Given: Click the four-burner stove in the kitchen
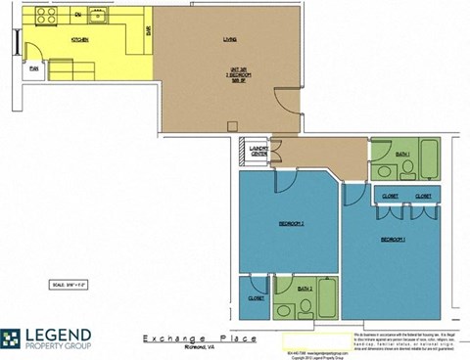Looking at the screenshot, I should [45, 16].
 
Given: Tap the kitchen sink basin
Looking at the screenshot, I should [97, 16].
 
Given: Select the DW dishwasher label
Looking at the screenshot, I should [78, 18].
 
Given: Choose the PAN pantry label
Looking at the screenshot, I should [33, 68].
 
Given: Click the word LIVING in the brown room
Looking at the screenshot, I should [231, 40].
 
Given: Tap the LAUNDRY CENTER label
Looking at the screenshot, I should [258, 153].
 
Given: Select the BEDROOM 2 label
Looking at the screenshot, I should [291, 224].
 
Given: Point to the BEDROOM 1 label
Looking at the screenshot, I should [394, 239].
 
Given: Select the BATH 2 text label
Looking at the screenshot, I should [305, 289].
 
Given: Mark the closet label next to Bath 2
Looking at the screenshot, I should [256, 298].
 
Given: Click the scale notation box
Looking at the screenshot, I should [69, 286].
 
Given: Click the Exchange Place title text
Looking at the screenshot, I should [187, 335].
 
